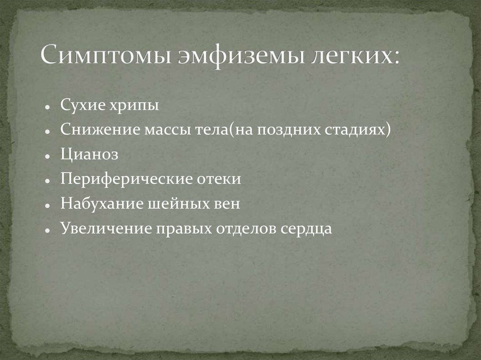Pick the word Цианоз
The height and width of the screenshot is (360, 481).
point(89,155)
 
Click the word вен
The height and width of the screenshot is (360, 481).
point(227,204)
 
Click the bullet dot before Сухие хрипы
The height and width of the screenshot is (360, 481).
point(48,107)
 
